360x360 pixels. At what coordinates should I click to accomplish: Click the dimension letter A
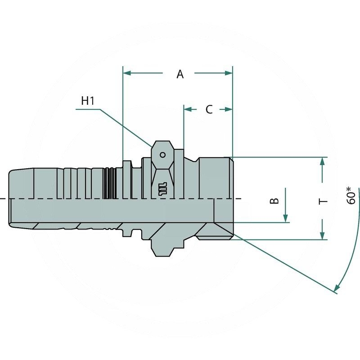[x=180, y=74]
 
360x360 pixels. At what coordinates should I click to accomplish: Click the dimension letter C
[x=209, y=109]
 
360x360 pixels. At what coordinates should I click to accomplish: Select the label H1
[x=88, y=101]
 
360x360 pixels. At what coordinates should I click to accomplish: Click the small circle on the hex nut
[x=162, y=155]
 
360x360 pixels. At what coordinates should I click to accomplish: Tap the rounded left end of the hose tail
[x=11, y=198]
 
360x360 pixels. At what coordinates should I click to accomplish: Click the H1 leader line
[x=126, y=126]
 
